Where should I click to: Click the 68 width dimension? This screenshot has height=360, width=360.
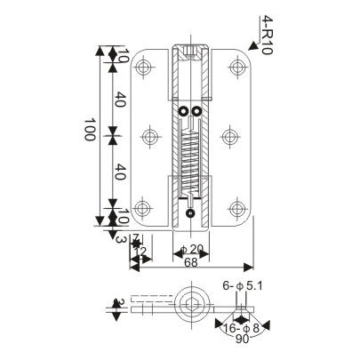tap(192, 262)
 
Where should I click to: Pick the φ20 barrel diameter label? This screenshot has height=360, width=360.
tap(191, 249)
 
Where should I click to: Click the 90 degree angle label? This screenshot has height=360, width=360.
tap(242, 339)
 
